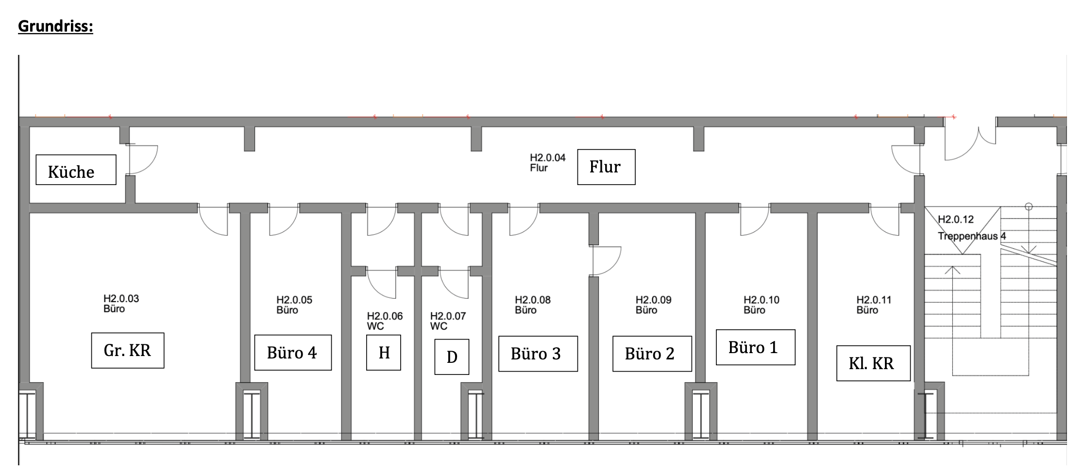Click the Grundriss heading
(x=55, y=26)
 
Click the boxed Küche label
(x=76, y=170)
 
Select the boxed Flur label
(x=606, y=167)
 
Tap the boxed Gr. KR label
(x=128, y=350)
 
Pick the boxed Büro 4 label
(x=293, y=353)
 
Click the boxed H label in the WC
(x=384, y=353)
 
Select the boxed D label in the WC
(x=452, y=357)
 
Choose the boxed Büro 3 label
(x=538, y=354)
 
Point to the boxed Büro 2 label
(x=652, y=354)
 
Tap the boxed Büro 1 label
(x=756, y=347)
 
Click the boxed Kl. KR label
(x=873, y=363)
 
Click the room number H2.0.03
(x=121, y=299)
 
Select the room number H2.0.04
(x=547, y=158)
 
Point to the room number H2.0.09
(x=653, y=300)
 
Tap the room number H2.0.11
(x=874, y=300)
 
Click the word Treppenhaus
(x=967, y=236)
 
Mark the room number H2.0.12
(x=955, y=220)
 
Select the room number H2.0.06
(x=385, y=316)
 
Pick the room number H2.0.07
(x=448, y=316)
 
